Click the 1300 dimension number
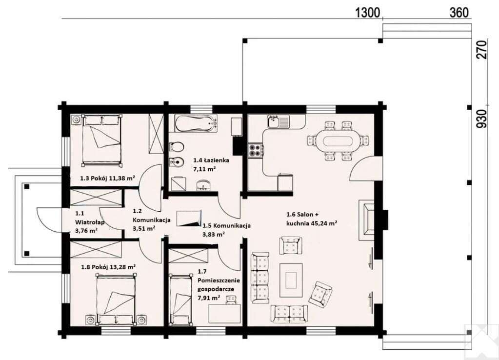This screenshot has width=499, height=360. pos(367,13)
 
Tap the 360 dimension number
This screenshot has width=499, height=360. pos(459,13)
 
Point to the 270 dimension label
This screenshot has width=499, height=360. pos(482,50)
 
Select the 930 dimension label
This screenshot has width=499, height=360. pos(482,119)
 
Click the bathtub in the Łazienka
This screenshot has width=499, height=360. pos(197,123)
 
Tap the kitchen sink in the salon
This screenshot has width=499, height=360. pos(279,121)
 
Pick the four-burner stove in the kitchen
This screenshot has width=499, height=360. pos(256,151)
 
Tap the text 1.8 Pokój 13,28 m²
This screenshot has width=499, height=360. pos(108,267)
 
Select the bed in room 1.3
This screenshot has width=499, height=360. pos(102,140)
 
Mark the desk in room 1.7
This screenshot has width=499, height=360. pos(225,313)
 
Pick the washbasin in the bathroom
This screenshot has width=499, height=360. pos(202,185)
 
